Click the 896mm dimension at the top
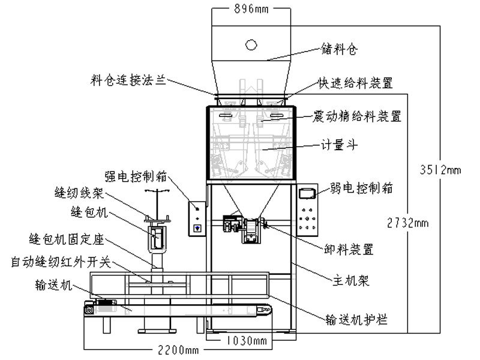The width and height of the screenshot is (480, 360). pos(251,9)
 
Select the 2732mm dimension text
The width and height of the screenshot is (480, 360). pos(408,223)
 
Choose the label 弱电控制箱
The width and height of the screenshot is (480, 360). pos(361,188)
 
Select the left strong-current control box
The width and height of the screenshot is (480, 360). pos(197,217)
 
